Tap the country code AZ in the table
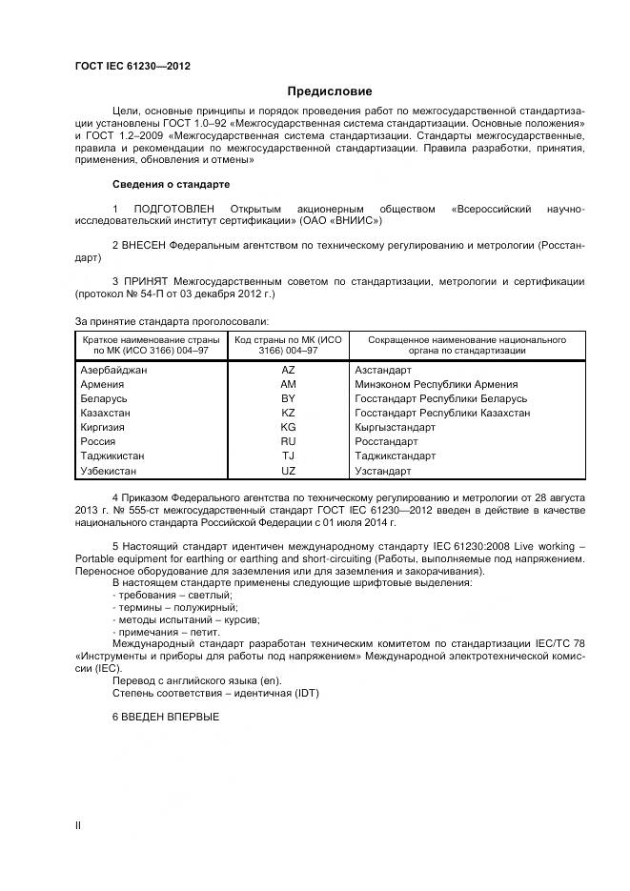[x=288, y=370]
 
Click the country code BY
[x=288, y=398]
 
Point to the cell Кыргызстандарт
[x=395, y=428]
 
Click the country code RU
[x=288, y=442]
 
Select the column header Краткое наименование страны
[x=151, y=339]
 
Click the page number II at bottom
[x=78, y=824]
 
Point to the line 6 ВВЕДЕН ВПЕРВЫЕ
[x=166, y=716]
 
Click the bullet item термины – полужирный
[x=175, y=607]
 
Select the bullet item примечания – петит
[x=168, y=632]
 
